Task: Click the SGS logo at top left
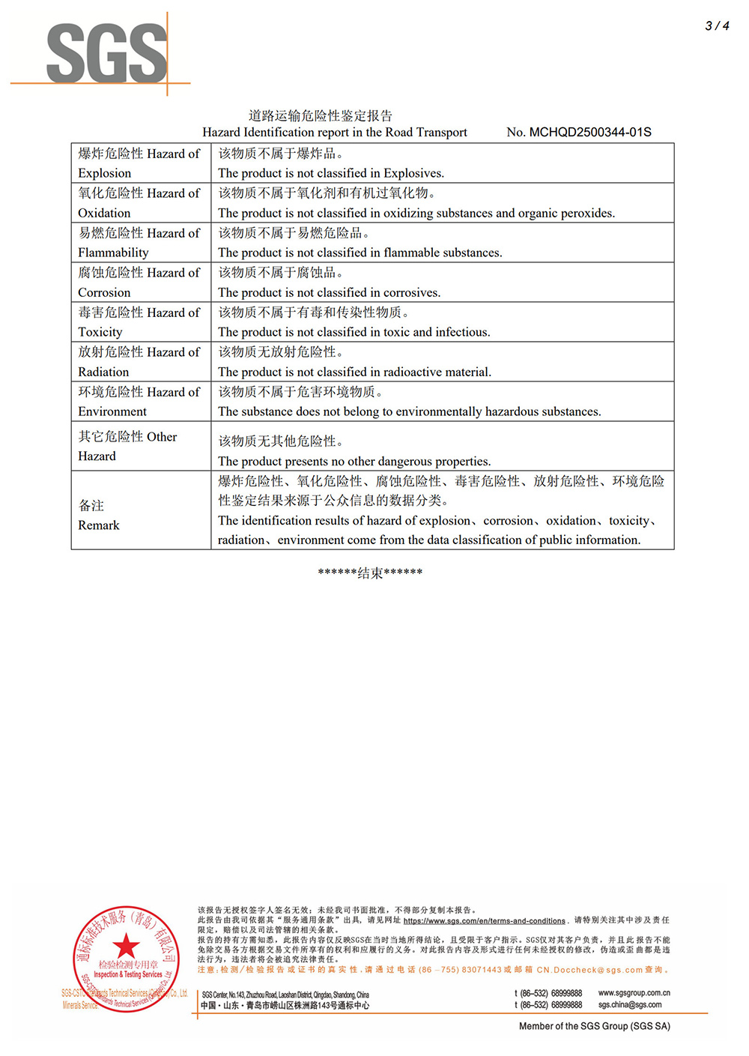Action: pos(106,53)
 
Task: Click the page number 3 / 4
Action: pos(716,25)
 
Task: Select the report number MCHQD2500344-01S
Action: pos(590,133)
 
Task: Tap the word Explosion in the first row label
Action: pos(104,173)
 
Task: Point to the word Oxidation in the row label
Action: pos(104,213)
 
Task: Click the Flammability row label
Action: pos(113,253)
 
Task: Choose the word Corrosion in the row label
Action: pos(104,292)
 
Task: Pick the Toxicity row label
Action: pos(100,332)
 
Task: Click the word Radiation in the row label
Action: pos(103,372)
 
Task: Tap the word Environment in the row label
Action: pos(112,411)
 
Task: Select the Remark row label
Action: pos(98,525)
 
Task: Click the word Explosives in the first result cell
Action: pos(413,173)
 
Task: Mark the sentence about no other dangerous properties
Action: pos(354,462)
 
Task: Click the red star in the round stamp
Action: pos(126,947)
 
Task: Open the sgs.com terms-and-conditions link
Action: pos(484,921)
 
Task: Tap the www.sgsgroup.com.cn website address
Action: pos(634,993)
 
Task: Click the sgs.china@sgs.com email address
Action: pos(630,1005)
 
